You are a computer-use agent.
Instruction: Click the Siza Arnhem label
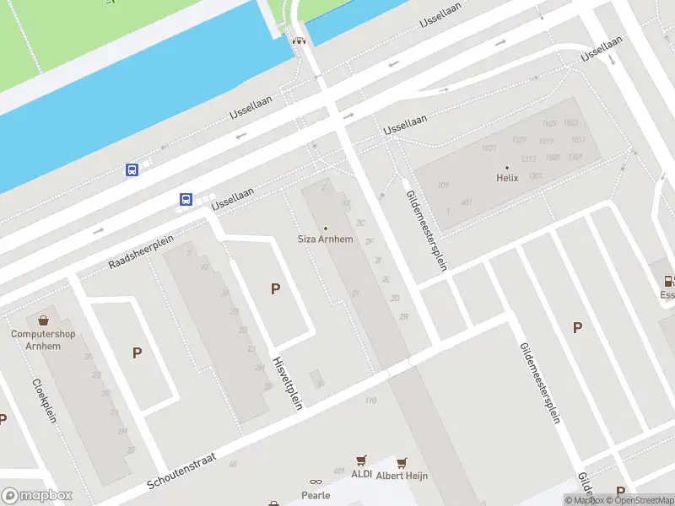tap(326, 239)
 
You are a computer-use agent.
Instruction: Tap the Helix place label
tap(506, 178)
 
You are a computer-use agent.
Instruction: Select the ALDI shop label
tap(361, 475)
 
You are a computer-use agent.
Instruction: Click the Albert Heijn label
tap(402, 476)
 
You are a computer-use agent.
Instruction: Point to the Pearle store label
tap(316, 495)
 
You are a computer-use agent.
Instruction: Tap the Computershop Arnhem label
tap(43, 340)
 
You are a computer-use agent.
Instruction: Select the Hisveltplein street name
tap(287, 382)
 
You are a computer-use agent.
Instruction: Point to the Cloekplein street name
tap(44, 400)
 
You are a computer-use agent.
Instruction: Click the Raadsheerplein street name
tap(140, 252)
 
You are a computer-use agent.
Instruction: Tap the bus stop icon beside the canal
tap(132, 170)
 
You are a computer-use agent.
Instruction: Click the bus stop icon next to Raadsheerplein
tap(185, 200)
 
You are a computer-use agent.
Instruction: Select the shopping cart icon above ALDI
tap(362, 460)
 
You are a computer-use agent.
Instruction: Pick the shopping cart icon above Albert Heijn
tap(402, 462)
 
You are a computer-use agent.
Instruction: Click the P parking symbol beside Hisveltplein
tap(275, 289)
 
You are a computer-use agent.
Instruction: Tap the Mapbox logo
tap(37, 496)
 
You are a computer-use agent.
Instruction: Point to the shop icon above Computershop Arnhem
tap(43, 320)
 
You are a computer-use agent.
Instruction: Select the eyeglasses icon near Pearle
tap(316, 483)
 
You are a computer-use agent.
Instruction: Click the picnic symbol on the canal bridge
tap(297, 40)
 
